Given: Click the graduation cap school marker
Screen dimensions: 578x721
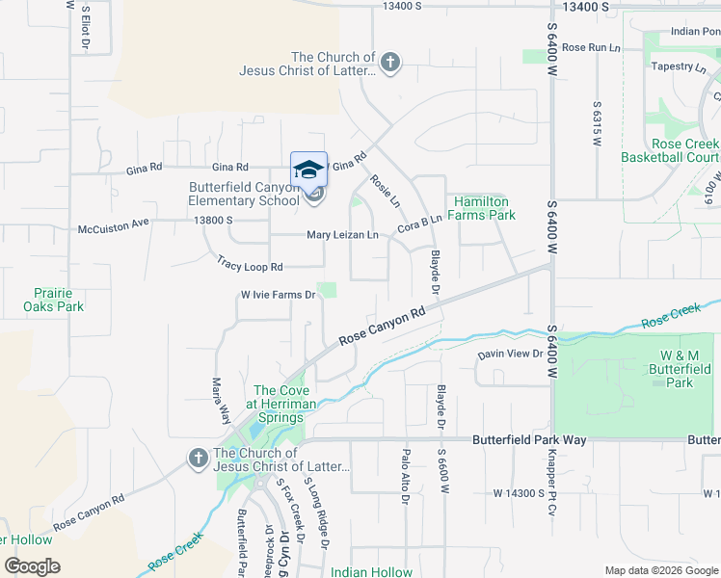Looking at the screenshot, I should [x=308, y=170].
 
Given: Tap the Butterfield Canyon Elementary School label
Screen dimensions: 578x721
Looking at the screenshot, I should [x=244, y=194].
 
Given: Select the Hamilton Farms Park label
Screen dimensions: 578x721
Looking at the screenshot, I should [x=481, y=208].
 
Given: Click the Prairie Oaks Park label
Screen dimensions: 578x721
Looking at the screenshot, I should [x=54, y=299].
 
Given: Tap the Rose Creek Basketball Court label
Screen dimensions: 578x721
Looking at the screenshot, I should [x=670, y=149].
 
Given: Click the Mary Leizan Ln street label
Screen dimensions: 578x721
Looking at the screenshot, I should [x=342, y=235].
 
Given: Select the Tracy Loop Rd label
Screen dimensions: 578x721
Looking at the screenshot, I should [x=250, y=266].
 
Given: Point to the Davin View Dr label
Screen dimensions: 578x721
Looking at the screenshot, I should [x=511, y=354].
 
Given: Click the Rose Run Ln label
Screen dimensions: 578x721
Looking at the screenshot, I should [x=590, y=46].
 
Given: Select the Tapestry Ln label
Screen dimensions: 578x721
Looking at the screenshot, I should [x=679, y=66].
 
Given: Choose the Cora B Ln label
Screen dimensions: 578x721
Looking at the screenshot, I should [x=419, y=225].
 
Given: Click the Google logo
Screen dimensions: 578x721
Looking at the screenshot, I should [x=32, y=566].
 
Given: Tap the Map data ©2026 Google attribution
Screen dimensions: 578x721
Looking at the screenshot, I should [x=660, y=570].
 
